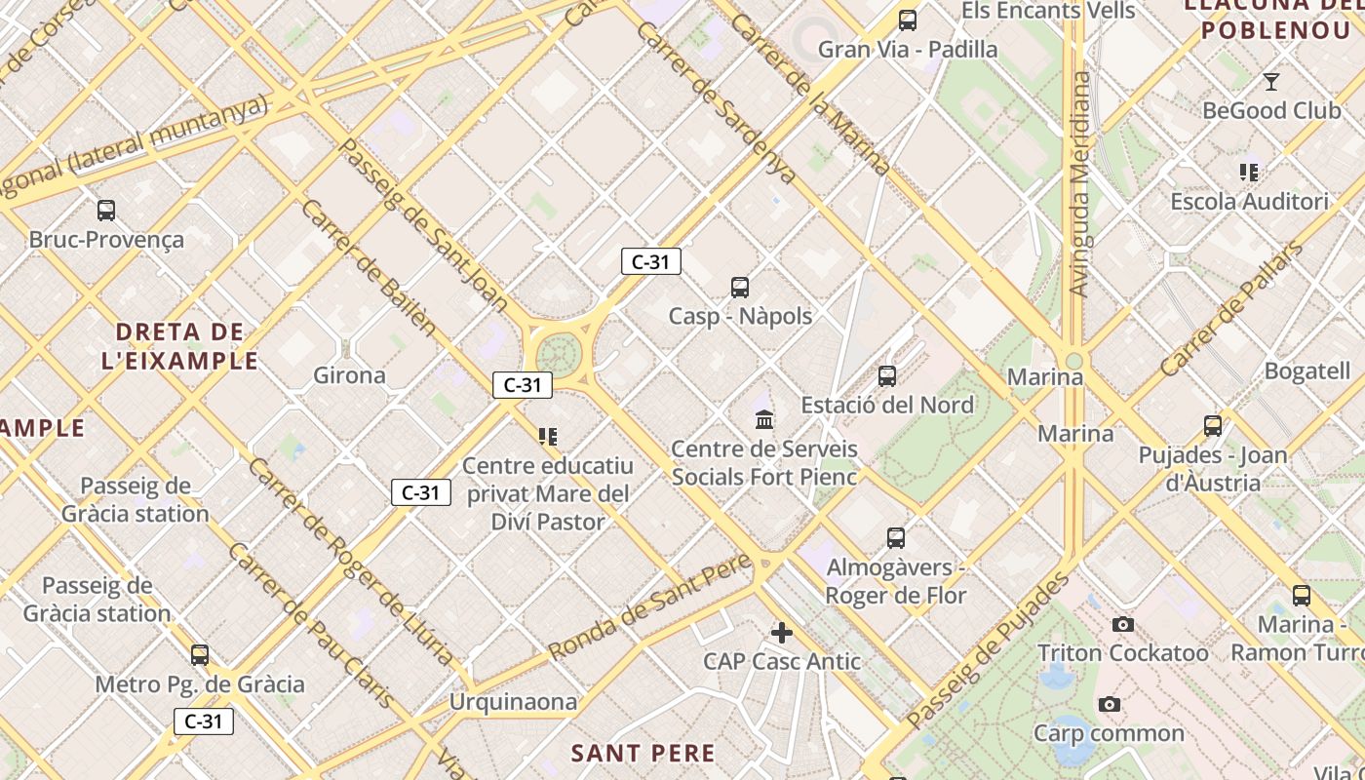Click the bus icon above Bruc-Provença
pos(106,210)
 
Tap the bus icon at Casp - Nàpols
pos(740,287)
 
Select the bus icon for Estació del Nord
pos(887,375)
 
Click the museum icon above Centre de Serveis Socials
pos(765,420)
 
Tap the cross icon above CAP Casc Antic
pos(782,633)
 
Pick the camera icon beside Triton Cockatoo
pos(1123,624)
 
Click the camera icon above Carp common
pos(1109,704)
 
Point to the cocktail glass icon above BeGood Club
pos(1271,81)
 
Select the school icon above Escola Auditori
pos(1249,173)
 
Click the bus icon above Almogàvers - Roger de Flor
pos(896,537)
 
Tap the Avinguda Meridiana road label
pos(1079,183)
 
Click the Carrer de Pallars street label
pos(1232,309)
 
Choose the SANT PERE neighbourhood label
pos(643,753)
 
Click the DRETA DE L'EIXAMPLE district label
pos(179,346)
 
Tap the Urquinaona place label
pos(513,702)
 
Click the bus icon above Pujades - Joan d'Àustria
pos(1213,426)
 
